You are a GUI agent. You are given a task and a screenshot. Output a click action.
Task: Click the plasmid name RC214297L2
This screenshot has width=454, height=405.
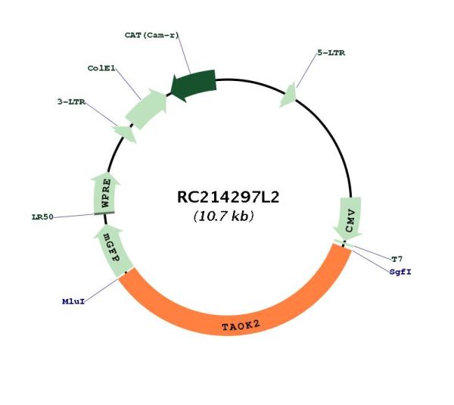pos(228,198)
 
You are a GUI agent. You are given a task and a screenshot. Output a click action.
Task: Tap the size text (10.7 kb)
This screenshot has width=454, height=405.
pos(223,216)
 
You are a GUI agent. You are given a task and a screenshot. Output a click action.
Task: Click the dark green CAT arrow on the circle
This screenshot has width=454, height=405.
pos(194,85)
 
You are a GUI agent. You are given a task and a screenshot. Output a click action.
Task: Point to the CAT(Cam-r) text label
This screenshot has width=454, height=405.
pos(152,35)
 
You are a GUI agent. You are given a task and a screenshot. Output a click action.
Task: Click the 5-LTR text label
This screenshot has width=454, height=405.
pos(331,53)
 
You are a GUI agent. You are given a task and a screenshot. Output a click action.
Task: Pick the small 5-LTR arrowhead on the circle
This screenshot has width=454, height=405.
pos(288,95)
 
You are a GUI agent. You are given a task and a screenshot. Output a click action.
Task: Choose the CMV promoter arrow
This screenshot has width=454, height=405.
pos(348,219)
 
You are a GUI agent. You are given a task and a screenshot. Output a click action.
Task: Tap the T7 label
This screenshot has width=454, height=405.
pos(397,259)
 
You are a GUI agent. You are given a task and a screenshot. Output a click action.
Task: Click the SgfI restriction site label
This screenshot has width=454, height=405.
pos(400,272)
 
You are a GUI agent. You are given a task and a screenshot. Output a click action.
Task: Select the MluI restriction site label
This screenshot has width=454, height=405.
pos(73,301)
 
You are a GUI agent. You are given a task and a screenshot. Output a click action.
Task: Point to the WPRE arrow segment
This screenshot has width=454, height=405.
pos(105,193)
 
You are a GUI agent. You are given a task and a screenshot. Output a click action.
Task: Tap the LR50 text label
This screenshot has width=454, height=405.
pos(42,217)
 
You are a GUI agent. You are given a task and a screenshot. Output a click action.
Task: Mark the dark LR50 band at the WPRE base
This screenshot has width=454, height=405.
pos(104,213)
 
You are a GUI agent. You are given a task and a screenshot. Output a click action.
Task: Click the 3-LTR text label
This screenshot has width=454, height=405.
pos(71,101)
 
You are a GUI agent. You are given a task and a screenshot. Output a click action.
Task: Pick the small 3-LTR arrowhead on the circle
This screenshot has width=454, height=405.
pos(126,133)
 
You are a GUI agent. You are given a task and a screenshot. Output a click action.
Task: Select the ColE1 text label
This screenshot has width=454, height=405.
pos(101,68)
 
